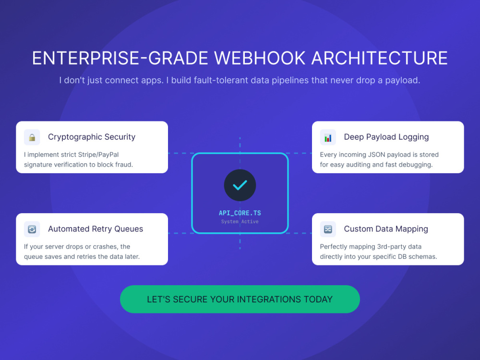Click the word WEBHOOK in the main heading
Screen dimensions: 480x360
(260, 58)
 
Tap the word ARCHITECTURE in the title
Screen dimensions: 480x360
(380, 58)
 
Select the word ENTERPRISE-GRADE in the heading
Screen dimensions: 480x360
(120, 58)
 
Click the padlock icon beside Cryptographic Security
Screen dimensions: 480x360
(32, 137)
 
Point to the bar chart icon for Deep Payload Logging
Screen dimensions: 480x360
(328, 138)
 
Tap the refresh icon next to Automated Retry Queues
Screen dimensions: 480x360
(32, 229)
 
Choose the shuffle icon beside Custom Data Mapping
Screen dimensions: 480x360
(328, 229)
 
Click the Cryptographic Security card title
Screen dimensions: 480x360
(92, 137)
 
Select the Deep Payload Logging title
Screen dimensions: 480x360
(386, 137)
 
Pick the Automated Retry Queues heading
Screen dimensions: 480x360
(96, 228)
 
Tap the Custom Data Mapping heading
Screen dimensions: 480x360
(386, 229)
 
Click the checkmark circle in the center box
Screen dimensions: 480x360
(240, 185)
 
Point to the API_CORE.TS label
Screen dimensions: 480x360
(240, 213)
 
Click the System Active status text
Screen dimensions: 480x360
(240, 221)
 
